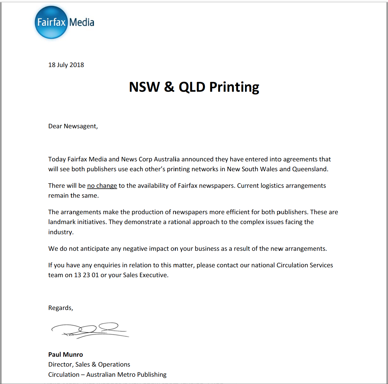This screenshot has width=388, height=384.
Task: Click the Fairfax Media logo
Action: [x=64, y=22]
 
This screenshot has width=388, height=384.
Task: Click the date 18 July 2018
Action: [x=66, y=65]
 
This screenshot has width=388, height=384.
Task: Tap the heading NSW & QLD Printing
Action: [x=194, y=87]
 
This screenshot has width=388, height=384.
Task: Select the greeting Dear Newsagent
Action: [x=73, y=126]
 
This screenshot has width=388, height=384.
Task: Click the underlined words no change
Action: [x=102, y=186]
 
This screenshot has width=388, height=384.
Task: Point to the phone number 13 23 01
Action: [x=86, y=275]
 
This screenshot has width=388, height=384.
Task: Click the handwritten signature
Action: [x=90, y=330]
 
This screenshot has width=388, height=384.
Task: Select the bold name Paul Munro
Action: [x=66, y=354]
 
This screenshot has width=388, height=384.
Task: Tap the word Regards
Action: [x=60, y=308]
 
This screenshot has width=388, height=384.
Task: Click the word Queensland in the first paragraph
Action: [x=310, y=169]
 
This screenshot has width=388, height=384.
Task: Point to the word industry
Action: [x=61, y=232]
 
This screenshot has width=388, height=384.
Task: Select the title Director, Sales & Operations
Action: [x=89, y=365]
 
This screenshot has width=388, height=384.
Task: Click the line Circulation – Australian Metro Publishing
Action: [x=107, y=375]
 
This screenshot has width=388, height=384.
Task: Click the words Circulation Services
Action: [x=304, y=265]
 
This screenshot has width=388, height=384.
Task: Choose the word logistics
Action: [x=272, y=186]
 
